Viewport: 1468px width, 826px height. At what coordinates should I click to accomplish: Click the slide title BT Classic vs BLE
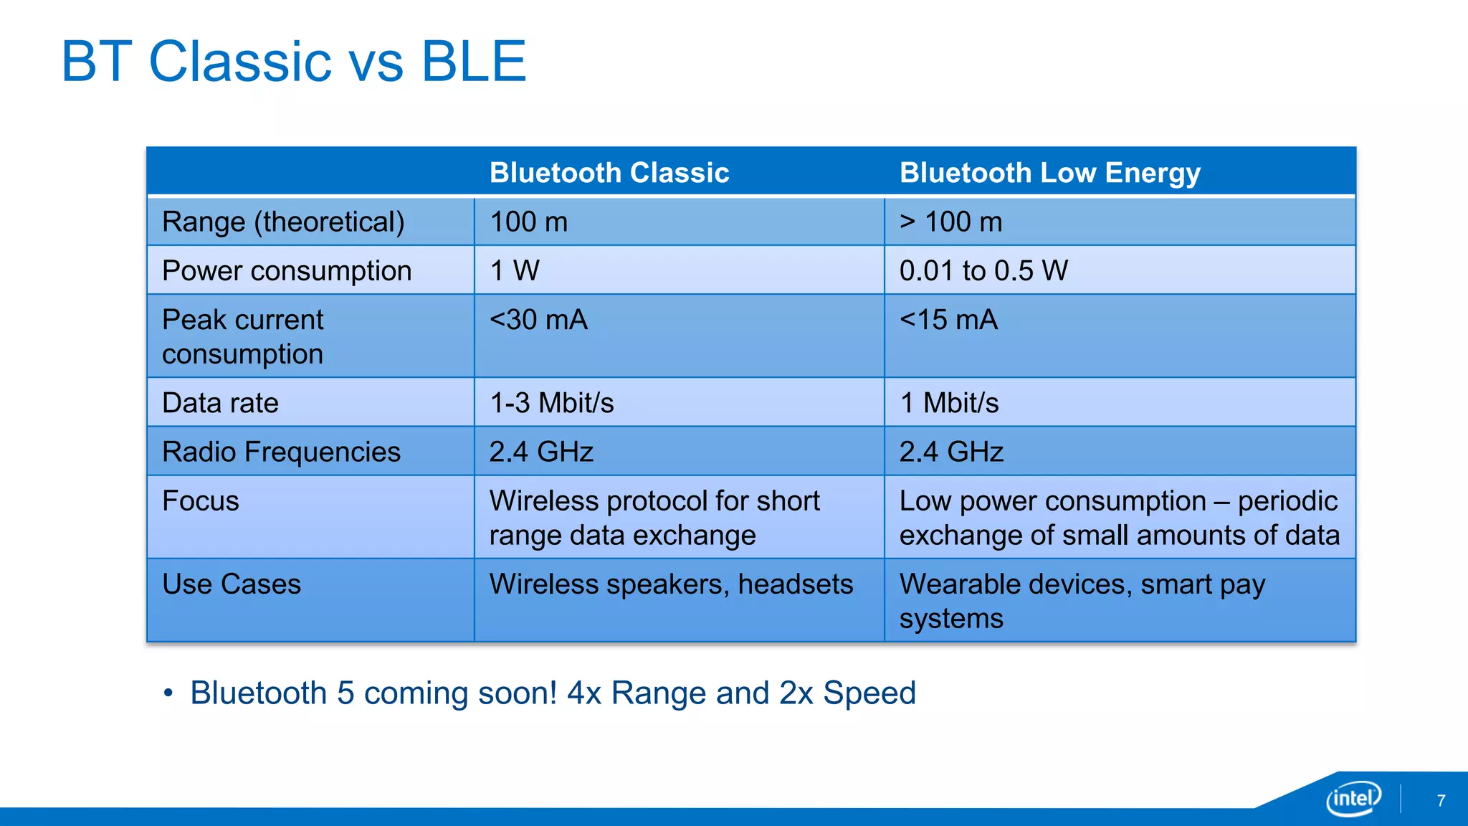294,62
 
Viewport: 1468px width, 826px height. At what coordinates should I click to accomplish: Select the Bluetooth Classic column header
609,173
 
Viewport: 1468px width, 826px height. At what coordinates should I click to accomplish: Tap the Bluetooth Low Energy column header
1049,173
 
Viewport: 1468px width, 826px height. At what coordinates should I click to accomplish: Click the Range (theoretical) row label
283,222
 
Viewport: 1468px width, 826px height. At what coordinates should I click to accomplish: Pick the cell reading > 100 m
950,222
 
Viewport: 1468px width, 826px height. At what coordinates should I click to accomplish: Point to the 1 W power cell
515,270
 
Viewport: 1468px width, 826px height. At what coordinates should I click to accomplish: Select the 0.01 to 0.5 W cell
983,270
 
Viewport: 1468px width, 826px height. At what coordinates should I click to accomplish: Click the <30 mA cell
538,320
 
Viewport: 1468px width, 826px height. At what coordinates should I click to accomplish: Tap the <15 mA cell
948,320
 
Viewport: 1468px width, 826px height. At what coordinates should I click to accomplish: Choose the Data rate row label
220,403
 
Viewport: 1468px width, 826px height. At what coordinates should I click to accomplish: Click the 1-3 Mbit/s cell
551,403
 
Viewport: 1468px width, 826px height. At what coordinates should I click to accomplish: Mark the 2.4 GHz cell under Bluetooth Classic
541,452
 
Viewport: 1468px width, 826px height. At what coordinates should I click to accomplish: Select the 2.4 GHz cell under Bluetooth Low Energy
951,452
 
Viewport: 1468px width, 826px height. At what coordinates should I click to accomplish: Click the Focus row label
201,500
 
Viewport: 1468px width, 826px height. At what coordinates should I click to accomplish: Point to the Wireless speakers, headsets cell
671,584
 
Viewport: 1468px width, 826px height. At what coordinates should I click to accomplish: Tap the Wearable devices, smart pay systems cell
1082,601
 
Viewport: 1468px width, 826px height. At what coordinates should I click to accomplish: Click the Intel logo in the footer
1353,798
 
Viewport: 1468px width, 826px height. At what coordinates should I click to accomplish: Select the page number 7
1441,801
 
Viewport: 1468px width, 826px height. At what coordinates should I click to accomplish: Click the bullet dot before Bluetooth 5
168,693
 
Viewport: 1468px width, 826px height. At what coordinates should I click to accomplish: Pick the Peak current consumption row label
243,336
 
